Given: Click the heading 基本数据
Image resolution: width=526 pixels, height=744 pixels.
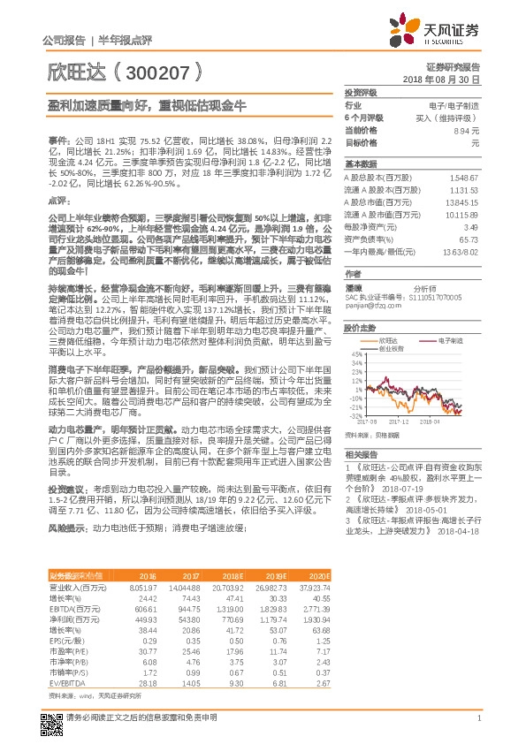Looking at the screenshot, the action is pos(359,164).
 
